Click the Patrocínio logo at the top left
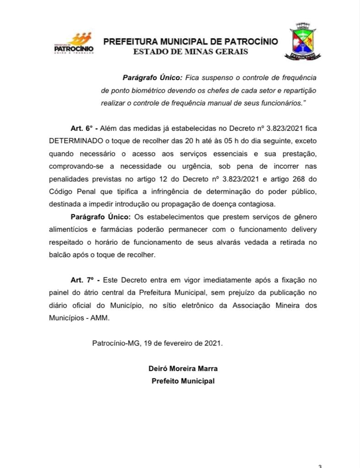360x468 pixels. pos(73,43)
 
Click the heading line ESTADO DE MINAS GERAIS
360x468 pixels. pos(190,52)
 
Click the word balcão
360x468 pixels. pos(59,254)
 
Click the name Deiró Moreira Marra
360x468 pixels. pos(183,368)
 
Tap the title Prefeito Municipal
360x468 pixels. pos(183,381)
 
